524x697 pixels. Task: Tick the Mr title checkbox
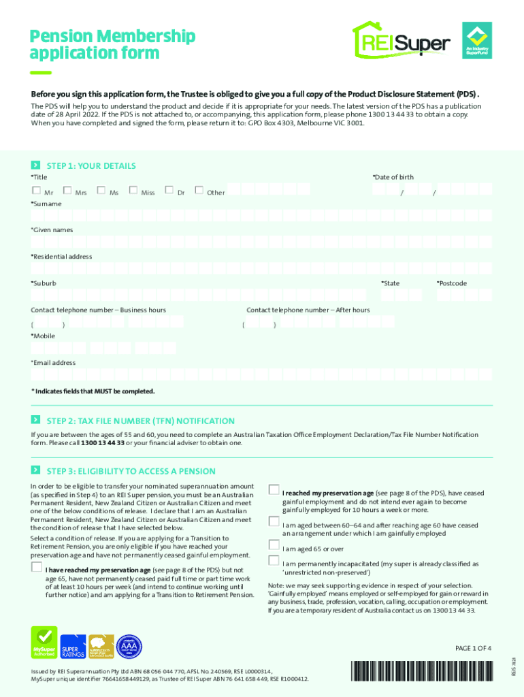tap(35, 191)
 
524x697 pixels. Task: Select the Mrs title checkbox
tap(67, 191)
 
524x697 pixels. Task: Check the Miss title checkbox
tap(133, 191)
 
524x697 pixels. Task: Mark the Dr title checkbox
tap(169, 191)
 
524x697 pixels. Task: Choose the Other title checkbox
tap(199, 191)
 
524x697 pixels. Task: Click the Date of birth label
tap(393, 177)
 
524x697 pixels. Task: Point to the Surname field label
tap(46, 204)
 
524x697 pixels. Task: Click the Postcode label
tap(451, 283)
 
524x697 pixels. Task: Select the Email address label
tap(53, 363)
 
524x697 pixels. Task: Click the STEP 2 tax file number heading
tap(140, 421)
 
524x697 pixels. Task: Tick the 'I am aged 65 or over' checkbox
tap(274, 547)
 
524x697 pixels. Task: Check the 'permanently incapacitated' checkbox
tap(274, 561)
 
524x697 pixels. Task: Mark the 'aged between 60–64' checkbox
tap(274, 522)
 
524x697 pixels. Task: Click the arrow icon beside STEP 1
tap(35, 165)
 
